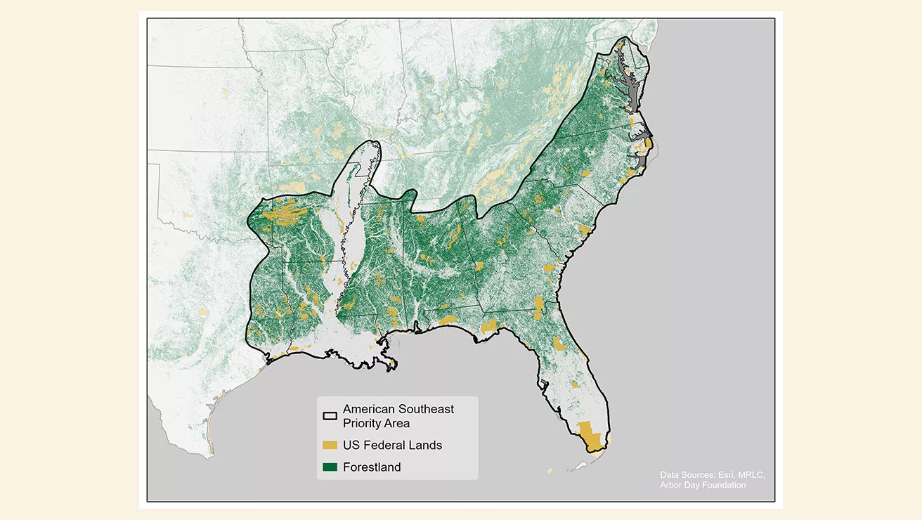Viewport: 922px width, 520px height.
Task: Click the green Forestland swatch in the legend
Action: [x=330, y=467]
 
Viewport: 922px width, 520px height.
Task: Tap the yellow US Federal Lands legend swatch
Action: [x=330, y=446]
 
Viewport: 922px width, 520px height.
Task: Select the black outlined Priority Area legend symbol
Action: [x=330, y=416]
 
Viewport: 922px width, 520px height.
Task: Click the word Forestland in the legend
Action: [x=372, y=467]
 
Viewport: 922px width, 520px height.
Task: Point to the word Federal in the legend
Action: [x=385, y=446]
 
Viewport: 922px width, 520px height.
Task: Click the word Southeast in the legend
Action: [x=428, y=409]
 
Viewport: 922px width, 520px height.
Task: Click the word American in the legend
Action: [x=369, y=409]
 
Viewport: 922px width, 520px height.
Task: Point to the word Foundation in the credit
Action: [x=723, y=485]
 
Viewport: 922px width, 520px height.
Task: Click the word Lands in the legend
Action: [x=426, y=446]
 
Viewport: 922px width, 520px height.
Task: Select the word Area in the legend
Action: [x=397, y=424]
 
